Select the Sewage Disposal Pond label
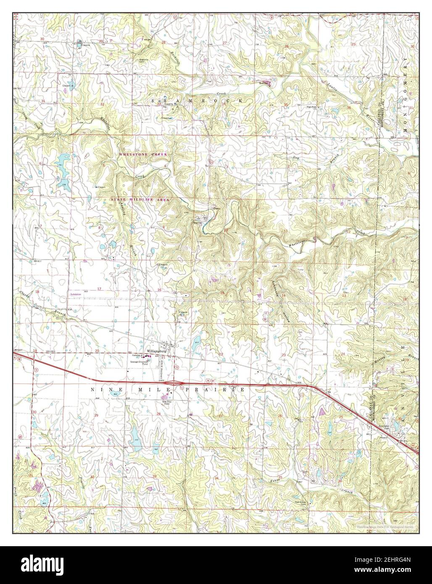151,360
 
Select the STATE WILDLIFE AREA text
140,200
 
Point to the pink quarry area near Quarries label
269,83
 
